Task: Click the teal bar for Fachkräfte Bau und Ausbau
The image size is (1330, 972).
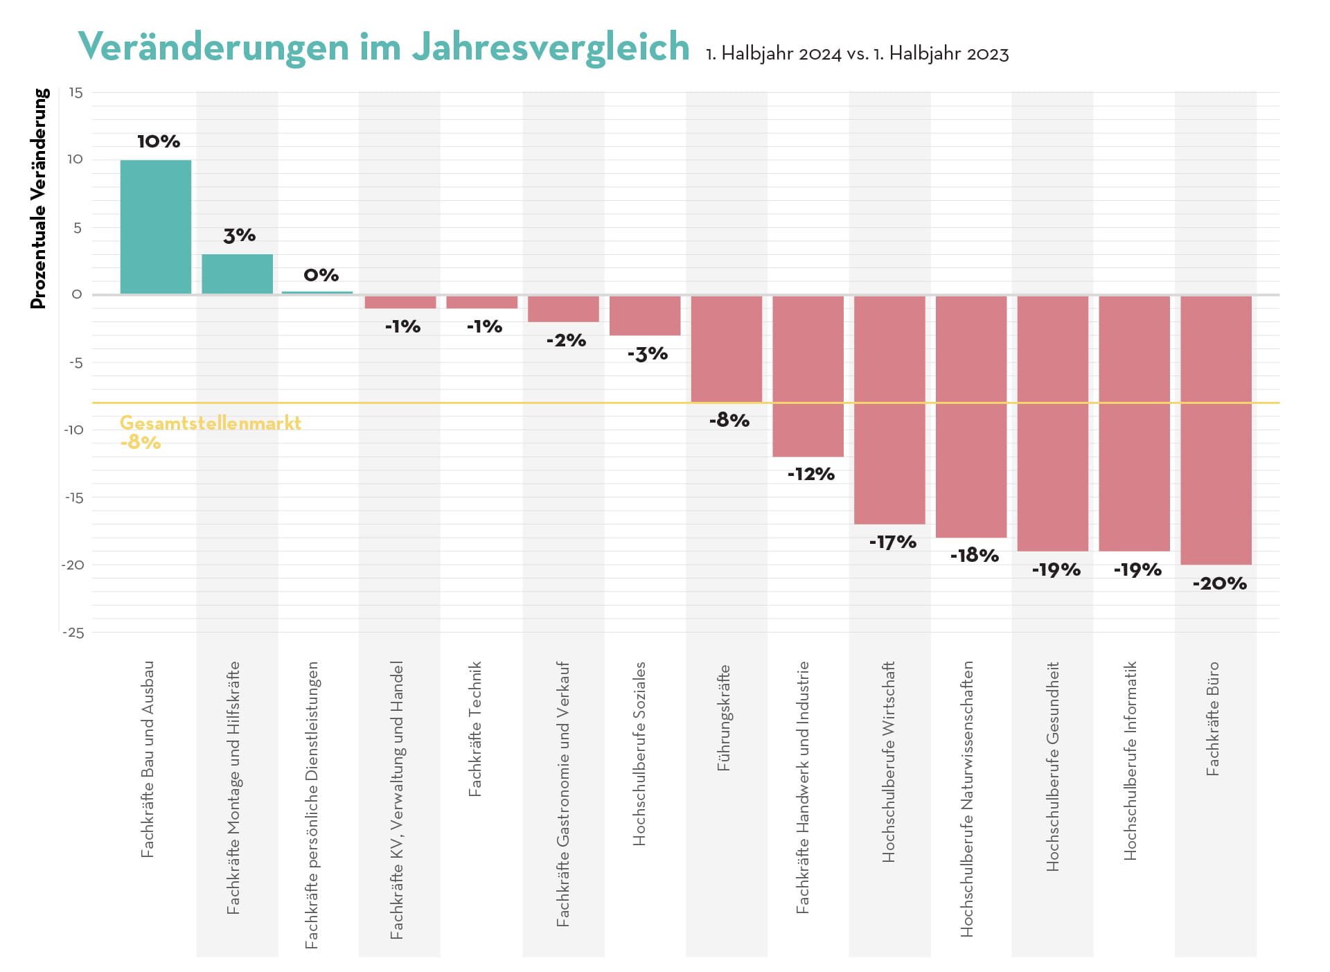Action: pyautogui.click(x=155, y=227)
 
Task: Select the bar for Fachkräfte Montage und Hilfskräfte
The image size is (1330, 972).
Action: pyautogui.click(x=237, y=274)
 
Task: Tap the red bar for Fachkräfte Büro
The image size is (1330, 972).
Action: pyautogui.click(x=1216, y=430)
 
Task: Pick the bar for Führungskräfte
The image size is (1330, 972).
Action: pyautogui.click(x=726, y=348)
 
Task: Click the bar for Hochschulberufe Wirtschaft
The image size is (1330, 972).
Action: pyautogui.click(x=889, y=409)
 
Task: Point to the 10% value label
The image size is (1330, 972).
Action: pyautogui.click(x=159, y=142)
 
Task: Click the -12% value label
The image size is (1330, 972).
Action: pyautogui.click(x=810, y=475)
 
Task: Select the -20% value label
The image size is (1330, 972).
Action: pyautogui.click(x=1219, y=584)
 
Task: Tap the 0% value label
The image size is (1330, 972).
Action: pyautogui.click(x=321, y=276)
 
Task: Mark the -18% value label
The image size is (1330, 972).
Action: pyautogui.click(x=974, y=556)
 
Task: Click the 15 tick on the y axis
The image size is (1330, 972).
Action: pyautogui.click(x=76, y=93)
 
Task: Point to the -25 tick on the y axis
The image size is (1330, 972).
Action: pyautogui.click(x=73, y=633)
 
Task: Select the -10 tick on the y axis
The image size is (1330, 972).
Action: pyautogui.click(x=73, y=430)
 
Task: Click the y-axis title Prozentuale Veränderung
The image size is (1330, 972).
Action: pyautogui.click(x=39, y=198)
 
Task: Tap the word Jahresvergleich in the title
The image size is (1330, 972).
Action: pyautogui.click(x=551, y=47)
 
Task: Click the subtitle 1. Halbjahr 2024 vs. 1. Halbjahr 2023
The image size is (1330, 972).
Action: pyautogui.click(x=857, y=54)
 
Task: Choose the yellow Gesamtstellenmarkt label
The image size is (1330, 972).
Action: pyautogui.click(x=210, y=423)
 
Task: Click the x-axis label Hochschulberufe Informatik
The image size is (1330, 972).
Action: pyautogui.click(x=1130, y=761)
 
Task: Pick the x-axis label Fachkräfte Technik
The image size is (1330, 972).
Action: pyautogui.click(x=475, y=729)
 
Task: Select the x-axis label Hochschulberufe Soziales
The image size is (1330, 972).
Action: pyautogui.click(x=639, y=753)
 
